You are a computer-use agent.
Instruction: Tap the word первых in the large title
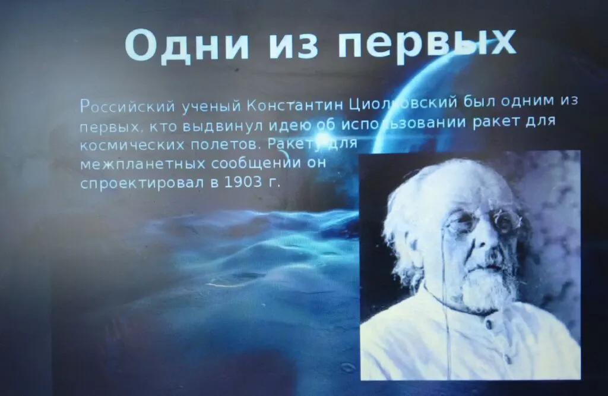427,45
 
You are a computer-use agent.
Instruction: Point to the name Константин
294,105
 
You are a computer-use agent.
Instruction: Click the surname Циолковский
403,103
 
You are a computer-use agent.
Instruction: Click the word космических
132,146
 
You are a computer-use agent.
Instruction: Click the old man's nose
482,237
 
